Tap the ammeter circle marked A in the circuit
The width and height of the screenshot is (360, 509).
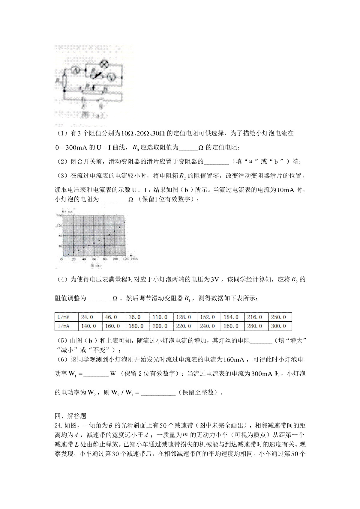75,71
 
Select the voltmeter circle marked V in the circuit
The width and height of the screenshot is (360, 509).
111,77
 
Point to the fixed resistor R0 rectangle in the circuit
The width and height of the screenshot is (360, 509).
64,80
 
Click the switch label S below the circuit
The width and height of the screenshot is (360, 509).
101,106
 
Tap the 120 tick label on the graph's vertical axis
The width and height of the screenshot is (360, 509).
59,225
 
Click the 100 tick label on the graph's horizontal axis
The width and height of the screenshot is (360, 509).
115,259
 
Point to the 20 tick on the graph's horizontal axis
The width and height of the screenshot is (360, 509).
73,259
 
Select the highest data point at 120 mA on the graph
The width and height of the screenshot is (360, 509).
124,222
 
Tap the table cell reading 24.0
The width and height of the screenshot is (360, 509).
87,317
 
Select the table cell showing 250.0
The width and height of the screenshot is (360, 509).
278,317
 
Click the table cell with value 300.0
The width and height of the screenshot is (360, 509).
278,326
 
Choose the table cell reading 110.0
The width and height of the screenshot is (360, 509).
160,317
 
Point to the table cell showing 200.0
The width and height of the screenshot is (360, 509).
160,326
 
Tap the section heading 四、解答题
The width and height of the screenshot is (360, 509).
70,416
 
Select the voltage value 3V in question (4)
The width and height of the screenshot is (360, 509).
215,280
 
